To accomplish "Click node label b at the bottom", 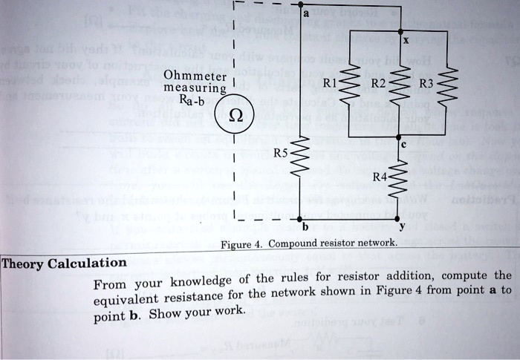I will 305,226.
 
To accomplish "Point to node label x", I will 406,42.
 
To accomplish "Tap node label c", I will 404,146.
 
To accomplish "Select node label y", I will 404,227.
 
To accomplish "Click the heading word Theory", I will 24,263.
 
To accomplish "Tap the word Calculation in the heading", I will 88,263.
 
